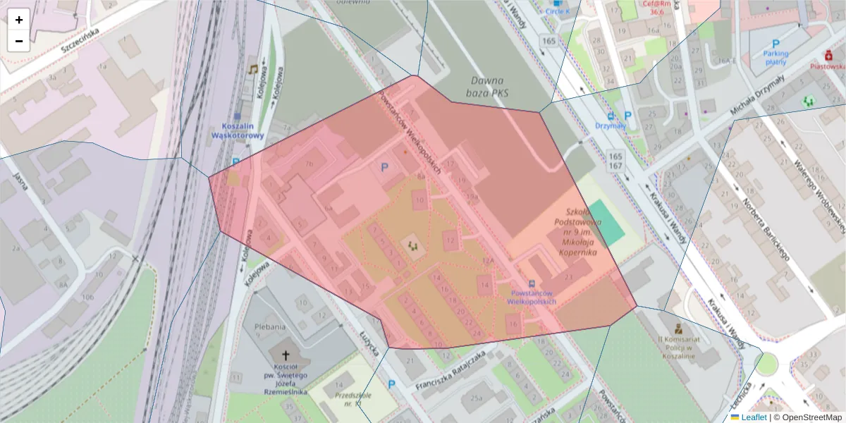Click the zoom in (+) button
(19, 20)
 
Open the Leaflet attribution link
(754, 417)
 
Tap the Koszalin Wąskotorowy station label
(238, 130)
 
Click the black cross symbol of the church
(287, 357)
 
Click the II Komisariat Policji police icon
(678, 329)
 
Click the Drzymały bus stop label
(610, 125)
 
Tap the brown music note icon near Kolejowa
(252, 68)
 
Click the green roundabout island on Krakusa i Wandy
(766, 364)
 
